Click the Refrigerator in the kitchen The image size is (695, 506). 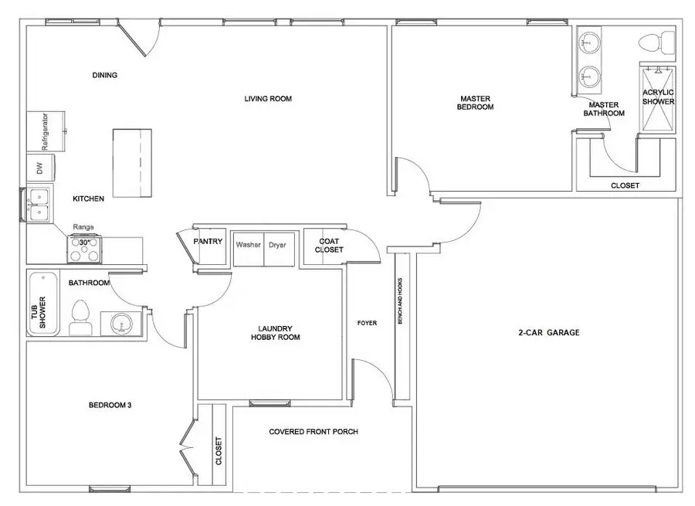46,132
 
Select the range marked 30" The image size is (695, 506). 84,250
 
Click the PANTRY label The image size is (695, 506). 208,241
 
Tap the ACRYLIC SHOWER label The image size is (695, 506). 658,97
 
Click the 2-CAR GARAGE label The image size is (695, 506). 548,333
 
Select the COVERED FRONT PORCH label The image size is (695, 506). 313,432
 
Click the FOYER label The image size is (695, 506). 367,323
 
